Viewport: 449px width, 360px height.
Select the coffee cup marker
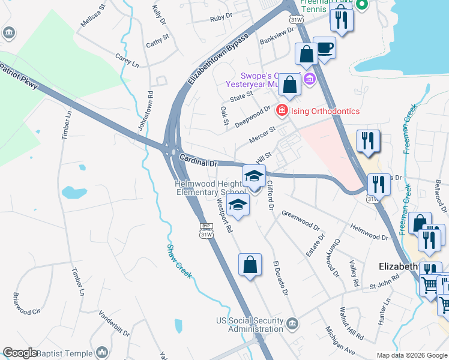[x=325, y=48]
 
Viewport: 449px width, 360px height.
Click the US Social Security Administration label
[x=249, y=325]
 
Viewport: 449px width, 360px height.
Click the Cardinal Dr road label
[x=197, y=160]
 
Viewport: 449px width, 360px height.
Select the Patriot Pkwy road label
[x=19, y=75]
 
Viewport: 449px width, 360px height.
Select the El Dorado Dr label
[x=280, y=278]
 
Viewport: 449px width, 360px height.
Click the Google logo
[x=20, y=353]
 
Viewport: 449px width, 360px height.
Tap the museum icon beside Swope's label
[x=309, y=79]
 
